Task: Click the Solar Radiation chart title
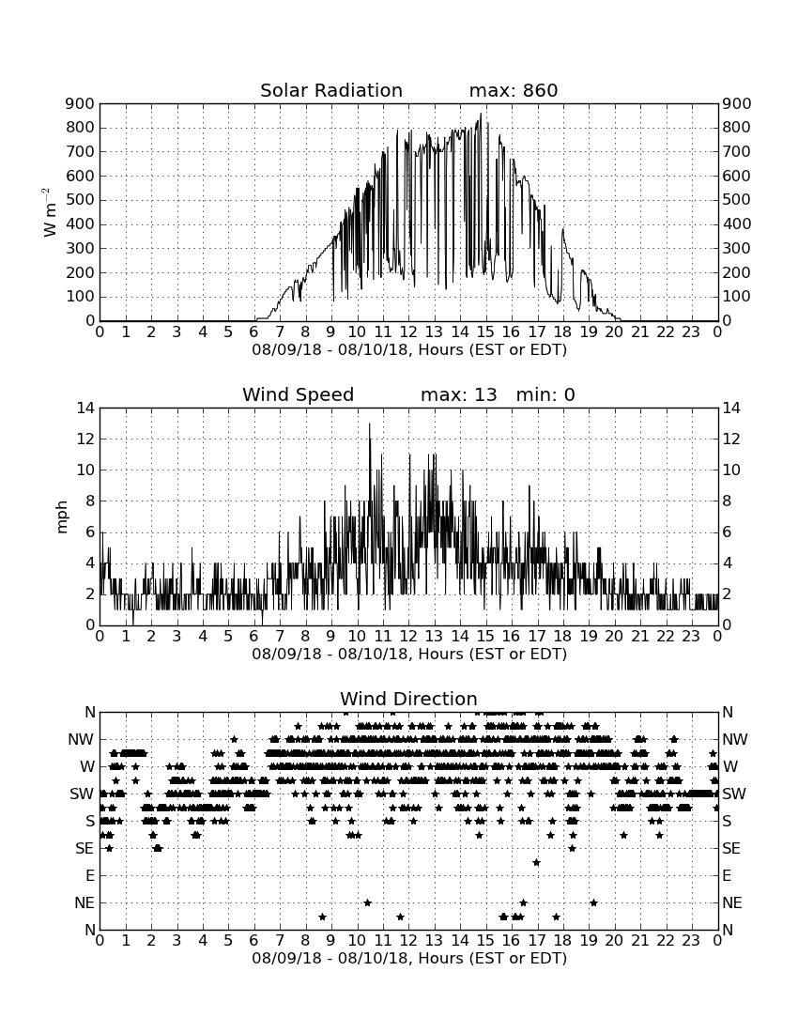(331, 90)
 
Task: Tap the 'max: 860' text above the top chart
(514, 90)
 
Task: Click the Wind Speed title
(299, 394)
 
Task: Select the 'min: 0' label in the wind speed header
(545, 394)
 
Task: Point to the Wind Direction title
(409, 699)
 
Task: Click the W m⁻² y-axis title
(50, 212)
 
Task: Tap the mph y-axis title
(63, 517)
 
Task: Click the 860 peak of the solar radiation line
(481, 114)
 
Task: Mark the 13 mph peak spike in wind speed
(369, 424)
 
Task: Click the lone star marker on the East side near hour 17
(537, 862)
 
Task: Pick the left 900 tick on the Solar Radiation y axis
(81, 103)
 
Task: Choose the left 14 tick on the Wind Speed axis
(85, 409)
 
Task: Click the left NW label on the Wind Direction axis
(82, 740)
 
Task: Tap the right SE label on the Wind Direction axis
(731, 849)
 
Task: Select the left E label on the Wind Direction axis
(90, 875)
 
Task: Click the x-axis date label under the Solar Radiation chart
(409, 350)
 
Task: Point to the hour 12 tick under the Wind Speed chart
(408, 637)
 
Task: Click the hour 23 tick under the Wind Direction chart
(691, 940)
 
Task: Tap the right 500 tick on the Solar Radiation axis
(737, 200)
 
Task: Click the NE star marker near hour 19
(593, 902)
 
